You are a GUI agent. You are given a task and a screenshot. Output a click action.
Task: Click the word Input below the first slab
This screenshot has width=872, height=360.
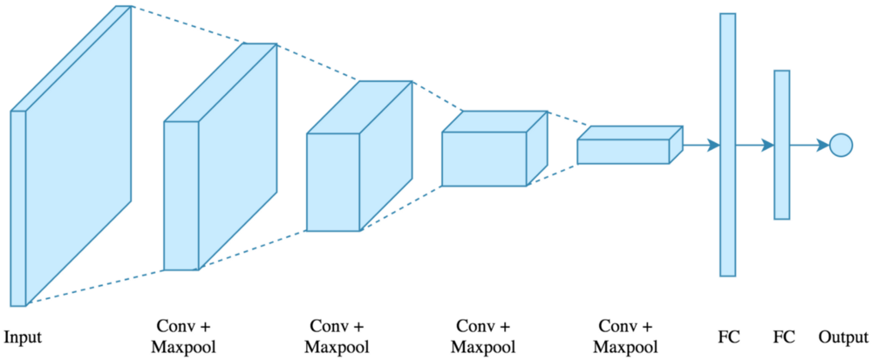[x=23, y=336]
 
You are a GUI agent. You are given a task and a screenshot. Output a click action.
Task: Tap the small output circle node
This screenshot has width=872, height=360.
[x=840, y=145]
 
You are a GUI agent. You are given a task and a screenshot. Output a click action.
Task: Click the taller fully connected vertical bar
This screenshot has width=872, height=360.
[x=727, y=145]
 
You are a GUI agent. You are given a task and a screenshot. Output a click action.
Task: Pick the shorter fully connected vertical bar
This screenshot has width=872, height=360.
[x=781, y=145]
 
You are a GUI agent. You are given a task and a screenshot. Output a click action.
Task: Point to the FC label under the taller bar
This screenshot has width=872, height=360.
[x=727, y=336]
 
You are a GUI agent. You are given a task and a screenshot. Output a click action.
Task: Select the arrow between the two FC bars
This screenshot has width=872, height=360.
[x=755, y=145]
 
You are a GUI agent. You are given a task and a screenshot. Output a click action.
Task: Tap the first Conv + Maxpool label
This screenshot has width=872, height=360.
[x=184, y=336]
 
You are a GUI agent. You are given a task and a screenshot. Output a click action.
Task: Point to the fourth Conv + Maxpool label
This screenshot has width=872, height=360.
[x=626, y=336]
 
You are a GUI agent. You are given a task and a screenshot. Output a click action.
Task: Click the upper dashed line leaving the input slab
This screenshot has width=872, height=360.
[x=187, y=24]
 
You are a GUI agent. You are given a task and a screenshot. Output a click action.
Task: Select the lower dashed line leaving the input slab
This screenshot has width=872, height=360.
[x=96, y=289]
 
